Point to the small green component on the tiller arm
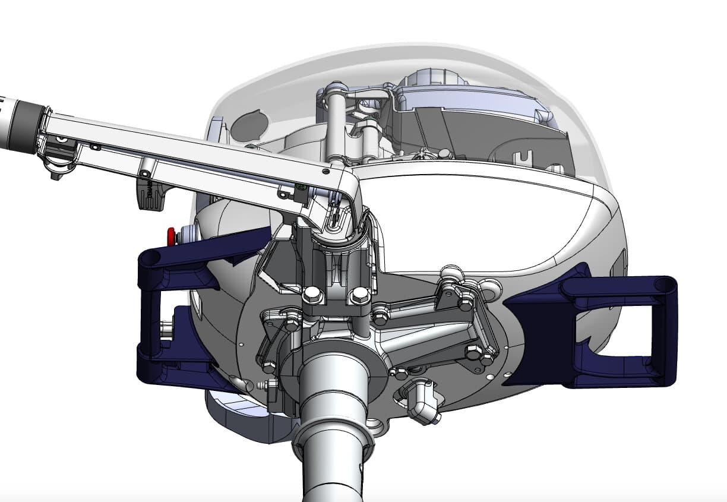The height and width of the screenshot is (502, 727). point(301,187)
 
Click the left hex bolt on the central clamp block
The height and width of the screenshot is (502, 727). point(312,295)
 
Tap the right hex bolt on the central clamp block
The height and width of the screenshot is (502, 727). point(359,295)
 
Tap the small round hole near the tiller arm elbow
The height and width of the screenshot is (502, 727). point(325,171)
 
